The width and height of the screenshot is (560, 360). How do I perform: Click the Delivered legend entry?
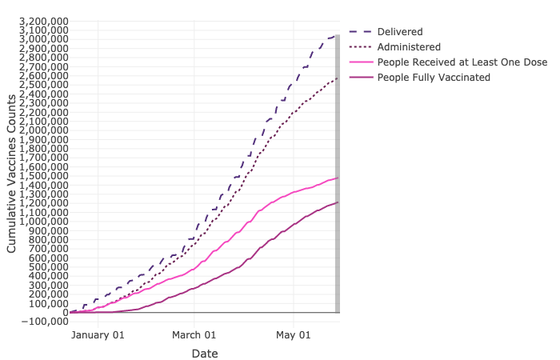coord(400,31)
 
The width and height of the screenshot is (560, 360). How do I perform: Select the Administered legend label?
coord(409,47)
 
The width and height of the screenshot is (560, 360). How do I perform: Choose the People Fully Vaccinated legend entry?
coord(433,78)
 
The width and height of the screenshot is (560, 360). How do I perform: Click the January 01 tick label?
coord(98,335)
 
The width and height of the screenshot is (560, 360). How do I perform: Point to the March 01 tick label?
coord(194,335)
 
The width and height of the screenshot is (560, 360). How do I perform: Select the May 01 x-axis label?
coord(294,335)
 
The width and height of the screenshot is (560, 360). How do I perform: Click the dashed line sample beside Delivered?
coord(361,31)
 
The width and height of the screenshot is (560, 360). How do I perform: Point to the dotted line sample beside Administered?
coord(361,47)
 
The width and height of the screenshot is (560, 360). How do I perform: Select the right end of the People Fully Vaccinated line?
coord(338,202)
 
